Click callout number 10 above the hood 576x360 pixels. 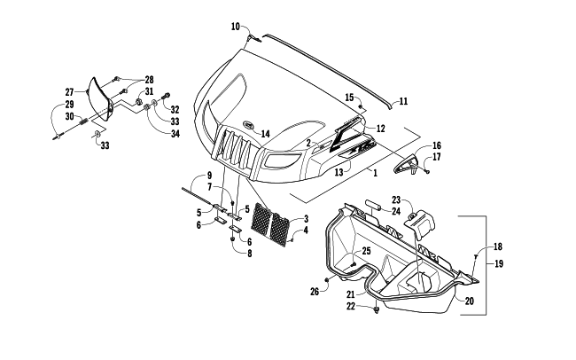(236, 27)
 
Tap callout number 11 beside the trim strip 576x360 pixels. (403, 101)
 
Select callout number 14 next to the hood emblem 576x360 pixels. (265, 134)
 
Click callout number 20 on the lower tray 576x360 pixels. (469, 301)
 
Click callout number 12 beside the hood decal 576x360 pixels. (380, 128)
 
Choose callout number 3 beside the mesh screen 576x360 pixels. (305, 218)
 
